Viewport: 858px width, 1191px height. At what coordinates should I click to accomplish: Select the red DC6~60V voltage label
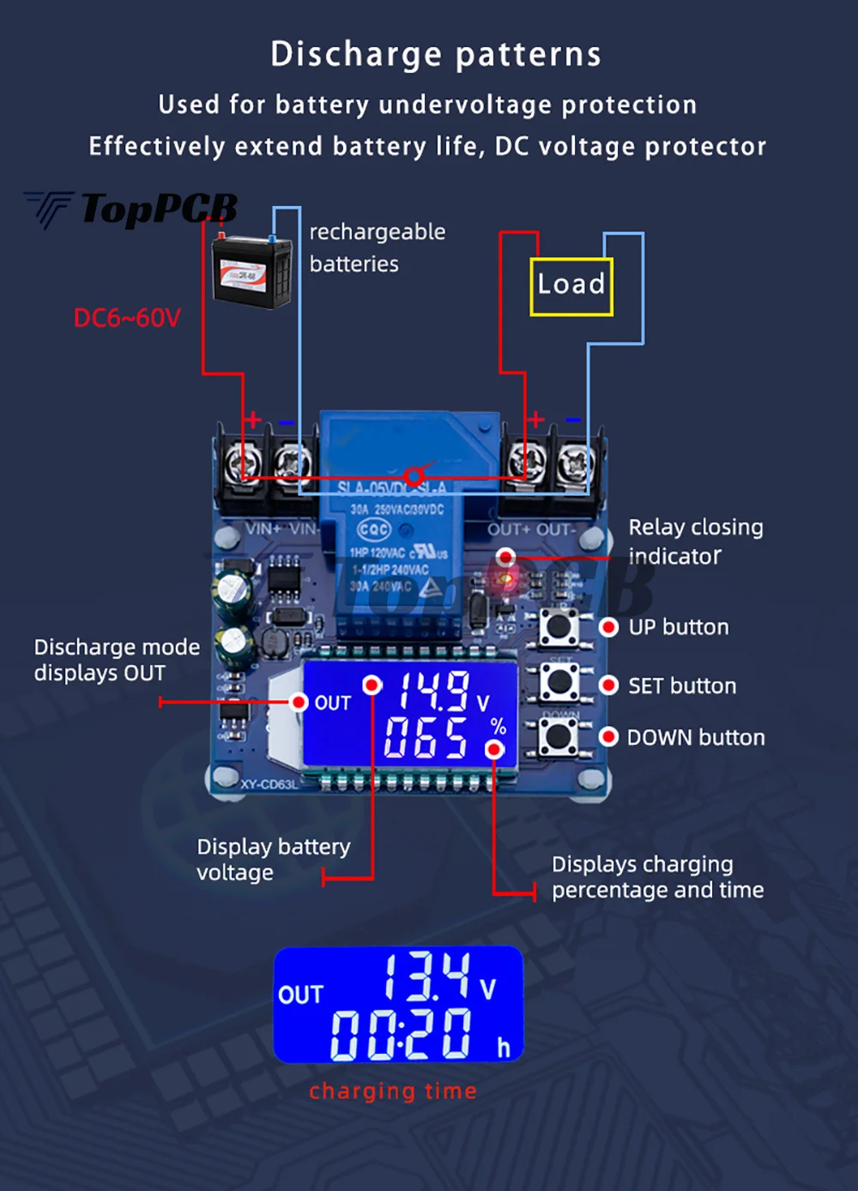tap(127, 318)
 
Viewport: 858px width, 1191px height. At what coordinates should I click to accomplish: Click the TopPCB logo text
tap(158, 209)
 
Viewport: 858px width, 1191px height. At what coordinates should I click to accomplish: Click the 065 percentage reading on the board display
tap(426, 738)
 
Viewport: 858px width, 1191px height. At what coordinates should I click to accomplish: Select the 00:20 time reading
tap(402, 1034)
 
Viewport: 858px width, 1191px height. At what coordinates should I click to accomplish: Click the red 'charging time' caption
tap(393, 1091)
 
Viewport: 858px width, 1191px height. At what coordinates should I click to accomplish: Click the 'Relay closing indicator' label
tap(695, 541)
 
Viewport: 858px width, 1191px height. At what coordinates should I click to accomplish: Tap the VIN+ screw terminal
tap(239, 464)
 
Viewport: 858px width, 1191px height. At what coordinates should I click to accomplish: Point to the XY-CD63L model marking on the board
tap(269, 784)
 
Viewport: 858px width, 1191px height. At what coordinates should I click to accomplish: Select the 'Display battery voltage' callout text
tap(273, 860)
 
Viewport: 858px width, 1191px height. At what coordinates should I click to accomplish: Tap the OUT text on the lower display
tap(300, 995)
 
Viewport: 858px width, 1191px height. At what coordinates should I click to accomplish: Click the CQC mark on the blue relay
tap(374, 529)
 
